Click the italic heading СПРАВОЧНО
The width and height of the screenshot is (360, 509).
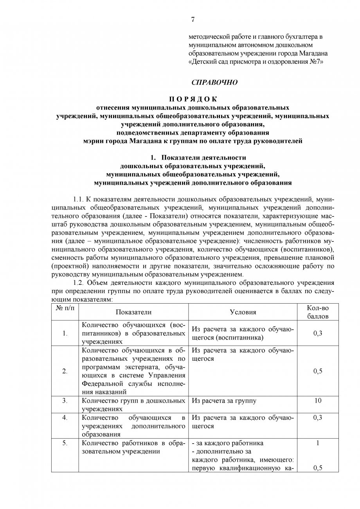coord(214,83)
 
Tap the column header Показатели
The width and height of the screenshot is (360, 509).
coord(133,312)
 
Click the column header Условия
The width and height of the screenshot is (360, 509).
coord(243,312)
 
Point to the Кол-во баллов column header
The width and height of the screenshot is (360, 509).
coord(318,312)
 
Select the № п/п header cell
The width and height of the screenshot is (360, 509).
coord(65,308)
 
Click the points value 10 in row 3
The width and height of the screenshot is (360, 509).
coord(318,401)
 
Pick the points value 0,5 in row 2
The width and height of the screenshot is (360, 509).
coord(318,371)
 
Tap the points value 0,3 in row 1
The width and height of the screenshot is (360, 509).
coord(318,333)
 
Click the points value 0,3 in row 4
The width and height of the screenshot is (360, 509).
coord(318,418)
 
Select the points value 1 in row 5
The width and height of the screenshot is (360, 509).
coord(318,443)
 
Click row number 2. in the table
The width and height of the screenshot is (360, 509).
coord(65,371)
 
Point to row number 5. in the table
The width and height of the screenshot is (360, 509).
coord(65,443)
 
